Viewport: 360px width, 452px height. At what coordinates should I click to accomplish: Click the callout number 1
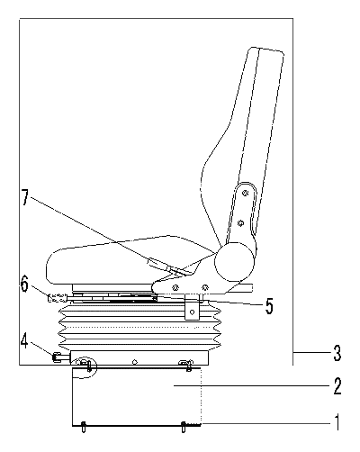337,422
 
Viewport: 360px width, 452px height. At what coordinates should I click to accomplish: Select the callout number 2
337,386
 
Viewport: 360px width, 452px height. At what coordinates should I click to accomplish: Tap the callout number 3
337,353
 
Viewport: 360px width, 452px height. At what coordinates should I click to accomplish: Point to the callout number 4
25,341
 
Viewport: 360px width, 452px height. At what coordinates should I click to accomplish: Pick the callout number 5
269,306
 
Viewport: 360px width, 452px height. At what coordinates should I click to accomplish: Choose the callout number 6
24,284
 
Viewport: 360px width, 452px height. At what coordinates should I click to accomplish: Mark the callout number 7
25,197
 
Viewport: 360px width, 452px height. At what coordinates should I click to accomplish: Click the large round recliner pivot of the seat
234,262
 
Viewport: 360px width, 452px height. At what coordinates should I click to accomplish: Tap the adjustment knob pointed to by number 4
58,357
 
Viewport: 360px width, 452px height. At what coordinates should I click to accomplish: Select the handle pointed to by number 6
57,298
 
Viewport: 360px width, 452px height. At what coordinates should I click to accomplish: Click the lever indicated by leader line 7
157,263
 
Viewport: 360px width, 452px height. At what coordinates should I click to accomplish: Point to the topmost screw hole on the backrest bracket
246,194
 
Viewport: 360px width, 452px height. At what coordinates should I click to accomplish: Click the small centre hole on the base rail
135,362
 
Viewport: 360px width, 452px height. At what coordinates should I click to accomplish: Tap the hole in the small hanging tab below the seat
193,312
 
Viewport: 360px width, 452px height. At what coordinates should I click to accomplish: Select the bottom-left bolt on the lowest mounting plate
84,427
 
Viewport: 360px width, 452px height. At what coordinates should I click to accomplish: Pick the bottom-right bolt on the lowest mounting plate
183,427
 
